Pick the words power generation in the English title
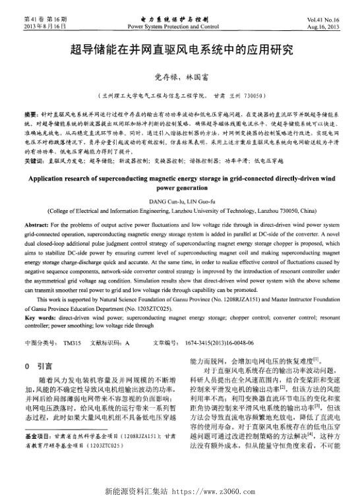click(180, 187)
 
